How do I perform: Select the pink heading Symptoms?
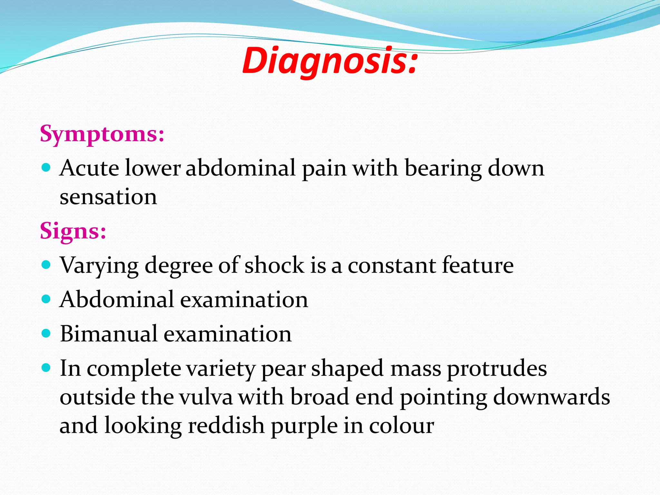(x=102, y=133)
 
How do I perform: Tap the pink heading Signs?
(x=73, y=231)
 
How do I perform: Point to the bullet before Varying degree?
(x=46, y=265)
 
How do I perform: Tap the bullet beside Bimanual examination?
(x=46, y=334)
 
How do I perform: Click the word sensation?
(x=108, y=197)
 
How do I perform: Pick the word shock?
(x=274, y=265)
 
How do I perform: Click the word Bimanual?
(x=108, y=334)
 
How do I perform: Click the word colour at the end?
(x=401, y=426)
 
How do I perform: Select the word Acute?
(x=89, y=168)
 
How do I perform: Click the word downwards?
(x=551, y=397)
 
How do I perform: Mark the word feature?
(x=478, y=265)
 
